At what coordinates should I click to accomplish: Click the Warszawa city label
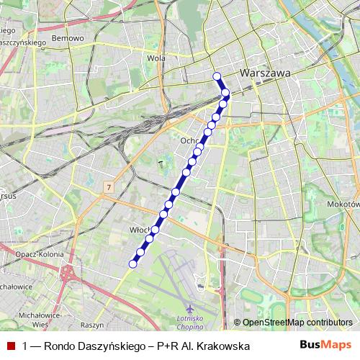point(264,73)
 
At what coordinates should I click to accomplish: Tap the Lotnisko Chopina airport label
point(191,321)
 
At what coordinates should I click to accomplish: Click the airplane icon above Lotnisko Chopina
point(189,309)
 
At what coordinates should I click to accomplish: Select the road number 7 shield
point(108,186)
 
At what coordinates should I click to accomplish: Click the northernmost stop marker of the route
point(216,76)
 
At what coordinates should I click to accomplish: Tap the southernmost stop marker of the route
point(132,264)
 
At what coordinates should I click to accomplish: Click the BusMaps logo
point(325,346)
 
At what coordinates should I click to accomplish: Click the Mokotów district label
point(343,204)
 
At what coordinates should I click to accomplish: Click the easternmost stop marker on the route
point(225,93)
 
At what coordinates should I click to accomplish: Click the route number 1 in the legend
point(25,346)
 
